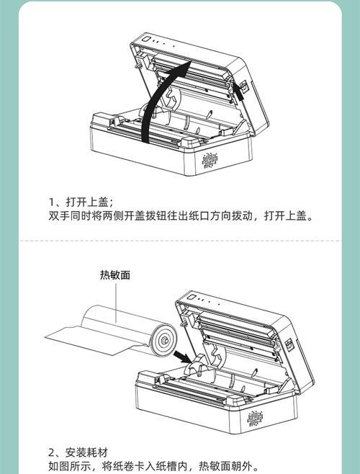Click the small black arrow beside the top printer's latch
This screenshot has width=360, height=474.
pos(238,91)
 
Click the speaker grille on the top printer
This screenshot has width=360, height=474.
pos(210,160)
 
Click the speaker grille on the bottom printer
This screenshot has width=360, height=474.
pos(255,419)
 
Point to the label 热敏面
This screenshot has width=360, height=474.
pos(115,275)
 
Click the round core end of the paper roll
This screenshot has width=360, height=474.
pos(164,340)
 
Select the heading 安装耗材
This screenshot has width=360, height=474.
pos(86,452)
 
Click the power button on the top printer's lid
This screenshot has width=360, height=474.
pos(147,40)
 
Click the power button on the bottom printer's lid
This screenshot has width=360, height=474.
pos(191,298)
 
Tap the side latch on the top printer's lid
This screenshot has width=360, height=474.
pos(244,86)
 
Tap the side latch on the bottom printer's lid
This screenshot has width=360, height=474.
pos(289,344)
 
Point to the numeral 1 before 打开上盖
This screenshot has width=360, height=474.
pos(51,202)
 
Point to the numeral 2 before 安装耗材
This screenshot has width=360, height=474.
pos(52,453)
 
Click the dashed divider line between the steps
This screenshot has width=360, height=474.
pos(180,241)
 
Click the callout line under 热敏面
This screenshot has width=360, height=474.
pos(116,303)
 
